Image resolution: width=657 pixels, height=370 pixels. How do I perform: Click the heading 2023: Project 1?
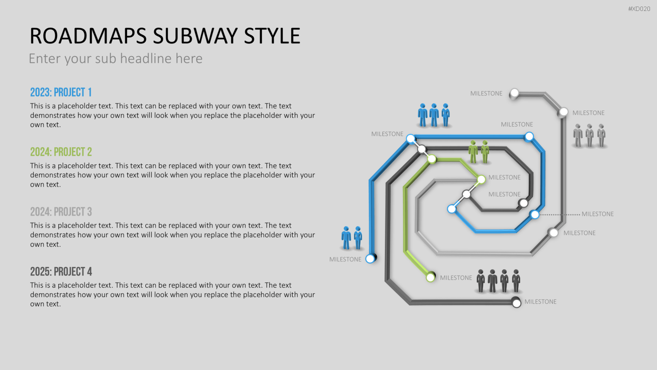61,92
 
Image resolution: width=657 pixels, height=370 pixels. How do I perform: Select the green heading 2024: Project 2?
61,152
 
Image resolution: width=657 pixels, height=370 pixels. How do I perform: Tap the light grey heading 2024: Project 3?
61,212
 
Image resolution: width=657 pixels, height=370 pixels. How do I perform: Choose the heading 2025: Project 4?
61,272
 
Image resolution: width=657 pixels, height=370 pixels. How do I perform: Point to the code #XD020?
639,9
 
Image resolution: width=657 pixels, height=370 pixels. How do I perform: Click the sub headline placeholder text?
116,58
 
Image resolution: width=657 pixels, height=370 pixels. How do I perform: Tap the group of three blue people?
434,115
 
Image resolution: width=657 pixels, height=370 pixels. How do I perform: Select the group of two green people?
479,152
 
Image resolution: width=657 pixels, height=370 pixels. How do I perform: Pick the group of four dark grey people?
498,281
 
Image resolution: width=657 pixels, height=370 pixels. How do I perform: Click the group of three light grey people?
590,135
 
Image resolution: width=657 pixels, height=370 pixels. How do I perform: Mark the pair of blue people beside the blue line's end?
352,238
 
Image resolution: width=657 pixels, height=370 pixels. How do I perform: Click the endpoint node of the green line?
431,277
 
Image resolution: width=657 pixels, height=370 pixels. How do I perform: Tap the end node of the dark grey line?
516,303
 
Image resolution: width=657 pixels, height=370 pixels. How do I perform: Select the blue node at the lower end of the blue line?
371,259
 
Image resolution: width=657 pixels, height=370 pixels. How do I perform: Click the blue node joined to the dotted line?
535,215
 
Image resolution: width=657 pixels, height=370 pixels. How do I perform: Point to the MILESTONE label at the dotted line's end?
597,214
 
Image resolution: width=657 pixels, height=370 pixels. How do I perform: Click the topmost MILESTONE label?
486,93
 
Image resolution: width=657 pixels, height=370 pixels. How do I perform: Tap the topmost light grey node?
515,93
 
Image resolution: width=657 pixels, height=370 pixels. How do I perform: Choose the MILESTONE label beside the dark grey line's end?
540,302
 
